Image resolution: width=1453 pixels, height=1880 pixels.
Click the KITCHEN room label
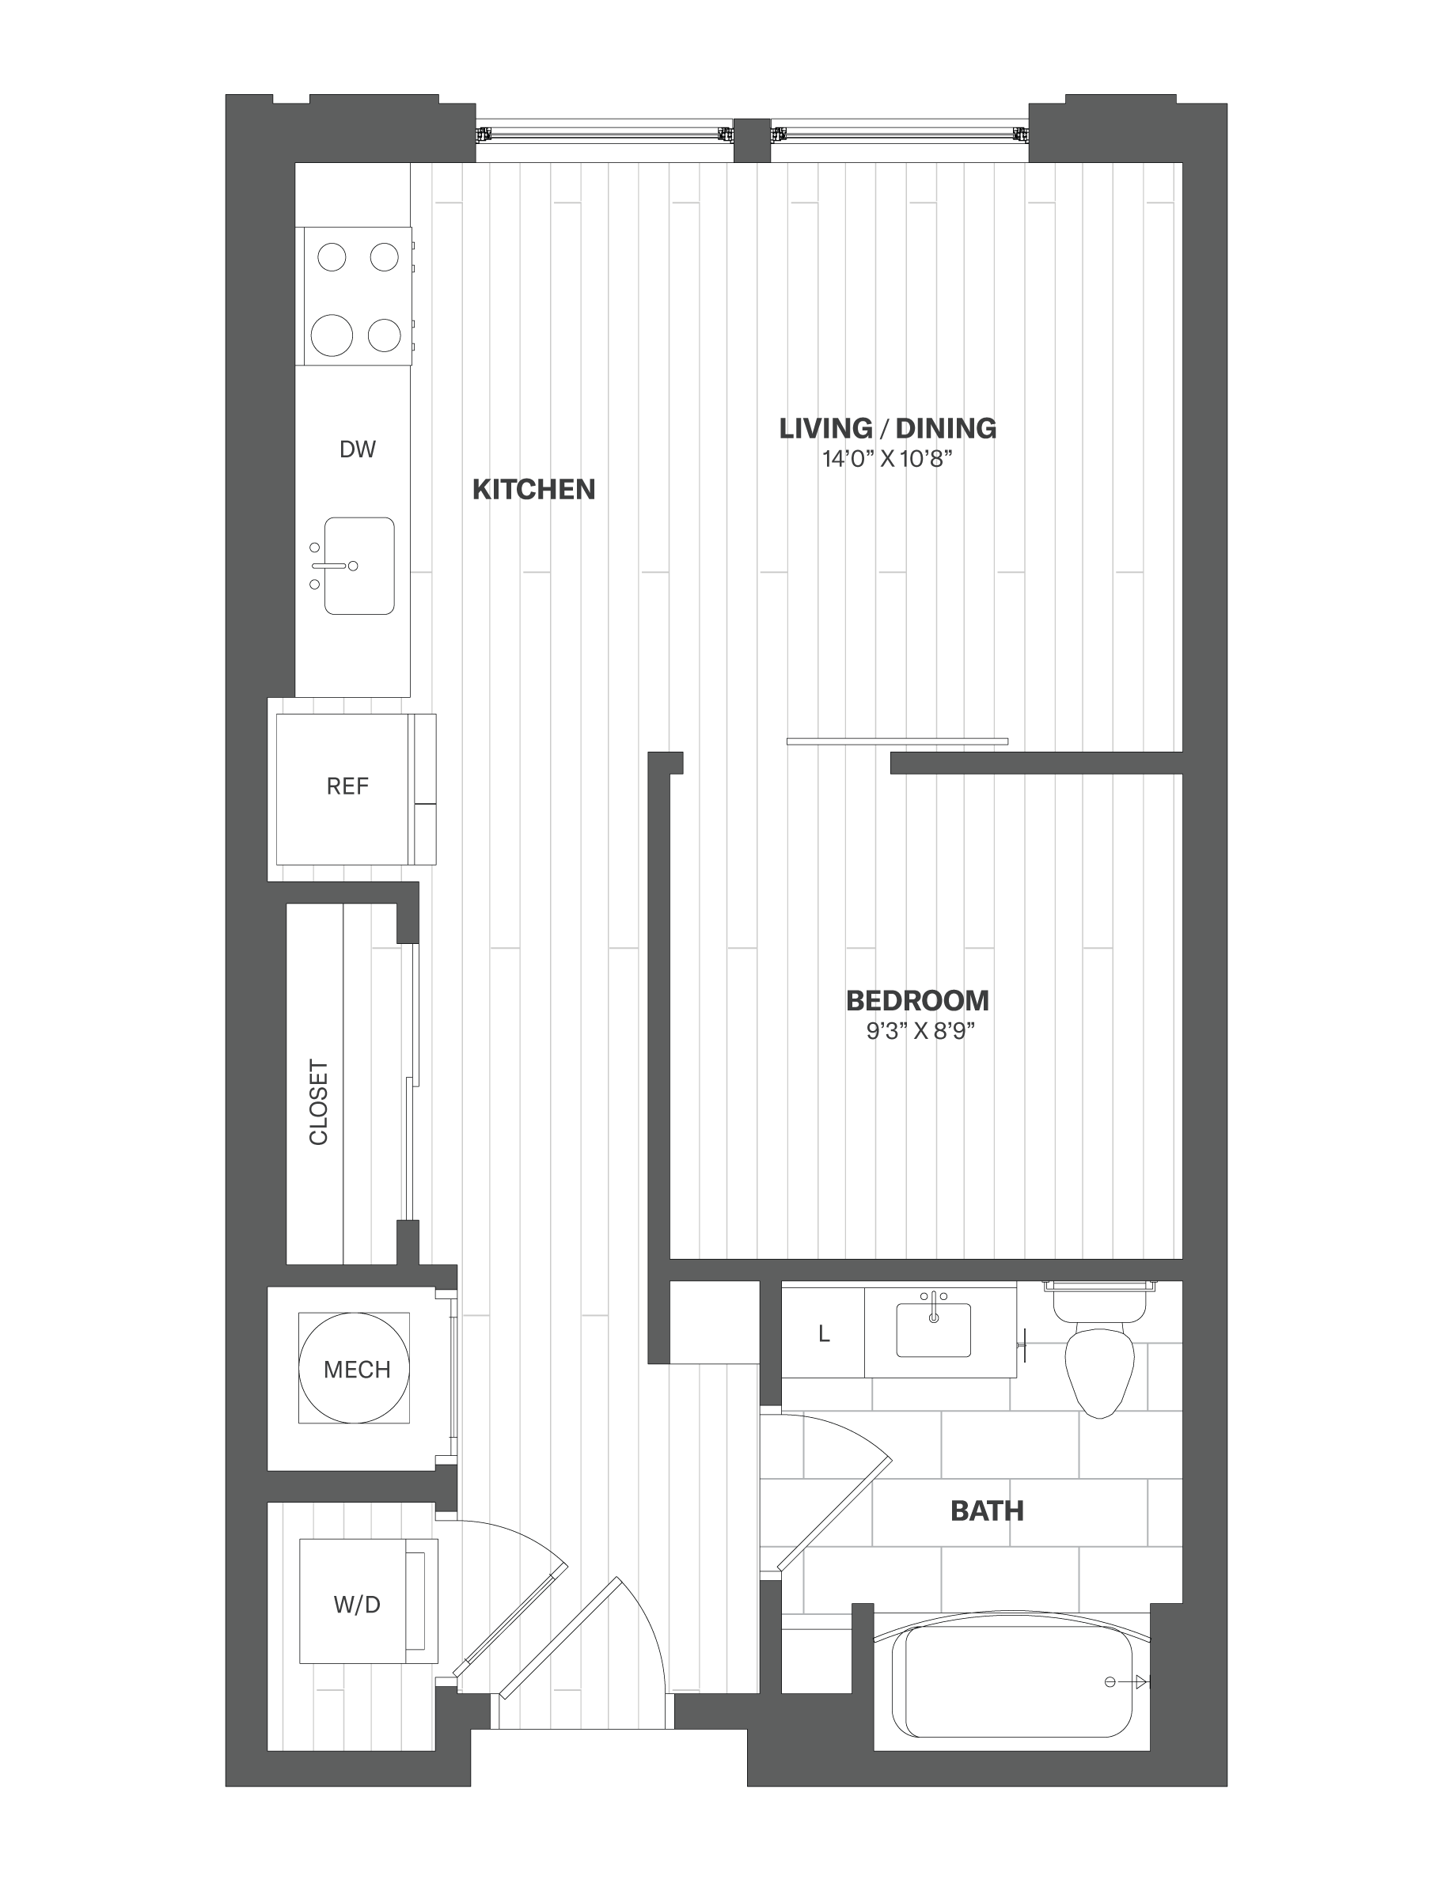[x=533, y=489]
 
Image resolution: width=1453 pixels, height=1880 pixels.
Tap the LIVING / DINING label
[x=887, y=428]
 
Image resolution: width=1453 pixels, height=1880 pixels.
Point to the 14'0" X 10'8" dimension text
[x=887, y=459]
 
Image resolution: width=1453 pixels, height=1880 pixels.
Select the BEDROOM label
[x=917, y=1000]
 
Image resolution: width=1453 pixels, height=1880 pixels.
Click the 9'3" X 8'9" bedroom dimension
[x=920, y=1030]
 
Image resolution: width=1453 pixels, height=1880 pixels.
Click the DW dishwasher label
[x=357, y=449]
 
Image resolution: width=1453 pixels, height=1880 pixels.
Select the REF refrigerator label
[x=347, y=786]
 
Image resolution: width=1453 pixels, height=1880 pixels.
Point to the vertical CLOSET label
[x=318, y=1103]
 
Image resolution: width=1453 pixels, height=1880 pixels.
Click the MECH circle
[x=354, y=1369]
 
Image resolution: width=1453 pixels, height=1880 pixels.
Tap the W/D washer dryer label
[x=356, y=1604]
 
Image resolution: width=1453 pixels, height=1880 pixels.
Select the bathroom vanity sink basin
[x=933, y=1331]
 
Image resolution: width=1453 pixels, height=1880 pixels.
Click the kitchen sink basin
[x=360, y=566]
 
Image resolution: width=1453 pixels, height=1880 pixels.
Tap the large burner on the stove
[x=332, y=335]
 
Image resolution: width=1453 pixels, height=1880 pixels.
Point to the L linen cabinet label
[x=823, y=1334]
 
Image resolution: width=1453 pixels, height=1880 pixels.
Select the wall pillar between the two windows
[x=752, y=139]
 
